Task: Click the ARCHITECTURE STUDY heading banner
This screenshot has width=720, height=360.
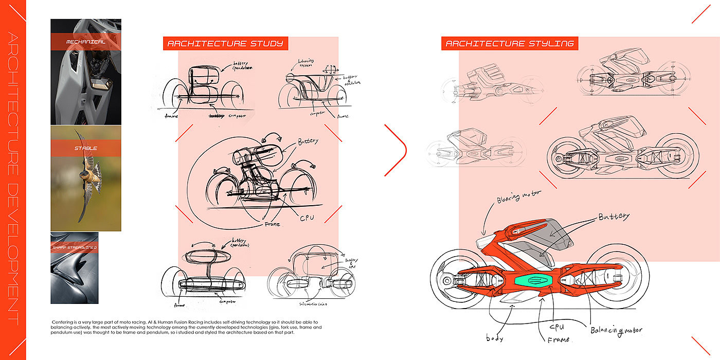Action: point(225,44)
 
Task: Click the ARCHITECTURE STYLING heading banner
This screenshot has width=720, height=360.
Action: point(510,44)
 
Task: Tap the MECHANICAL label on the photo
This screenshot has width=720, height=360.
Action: point(86,41)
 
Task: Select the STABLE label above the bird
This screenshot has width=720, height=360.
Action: point(86,149)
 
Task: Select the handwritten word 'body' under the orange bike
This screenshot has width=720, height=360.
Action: point(495,338)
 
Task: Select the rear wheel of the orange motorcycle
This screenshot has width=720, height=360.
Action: point(455,280)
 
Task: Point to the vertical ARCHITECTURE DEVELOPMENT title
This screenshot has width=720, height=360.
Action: point(13,180)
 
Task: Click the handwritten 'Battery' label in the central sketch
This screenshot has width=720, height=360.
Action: point(308,141)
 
